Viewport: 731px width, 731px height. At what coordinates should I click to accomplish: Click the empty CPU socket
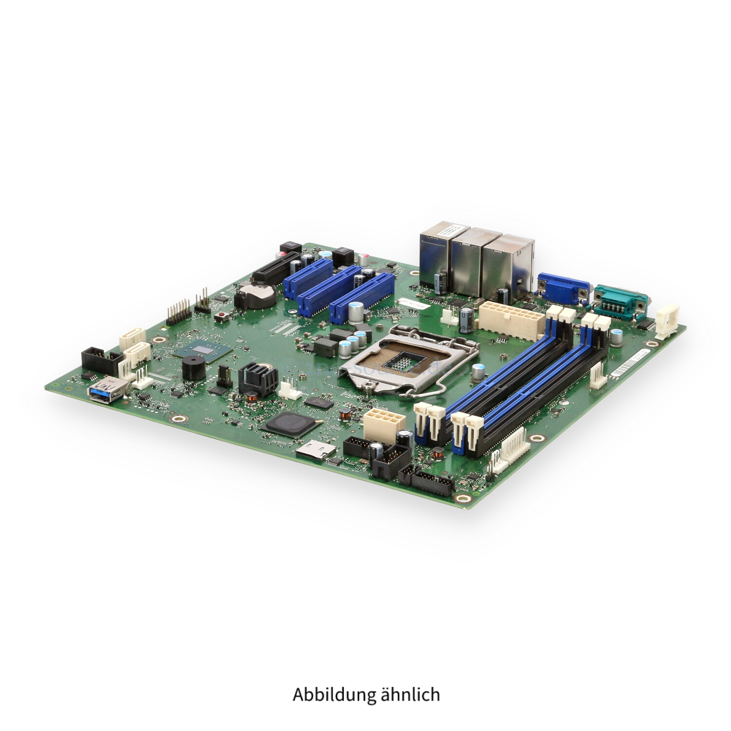(408, 361)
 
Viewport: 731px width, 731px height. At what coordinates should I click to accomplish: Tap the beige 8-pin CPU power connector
(383, 423)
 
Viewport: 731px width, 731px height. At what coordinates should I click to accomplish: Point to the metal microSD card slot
(314, 450)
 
